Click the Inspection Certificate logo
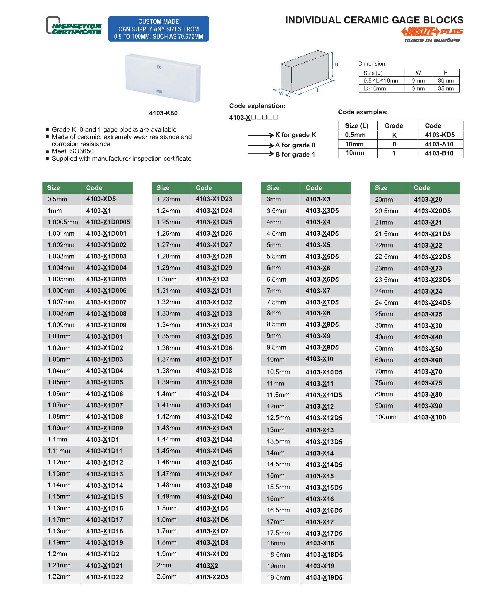click(74, 26)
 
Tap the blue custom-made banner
click(158, 29)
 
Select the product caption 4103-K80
click(163, 113)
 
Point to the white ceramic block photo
click(163, 78)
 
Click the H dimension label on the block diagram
click(336, 64)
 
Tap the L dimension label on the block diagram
click(318, 90)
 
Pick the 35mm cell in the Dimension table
click(446, 88)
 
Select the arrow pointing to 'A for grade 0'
click(261, 145)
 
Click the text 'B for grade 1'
click(295, 155)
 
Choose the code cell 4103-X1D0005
click(108, 222)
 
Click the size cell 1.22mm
click(59, 577)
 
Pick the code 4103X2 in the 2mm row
click(207, 566)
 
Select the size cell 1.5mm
click(167, 508)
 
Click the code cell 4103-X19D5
click(324, 577)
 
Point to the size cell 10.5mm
click(278, 372)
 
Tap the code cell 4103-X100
click(429, 417)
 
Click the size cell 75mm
click(384, 383)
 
